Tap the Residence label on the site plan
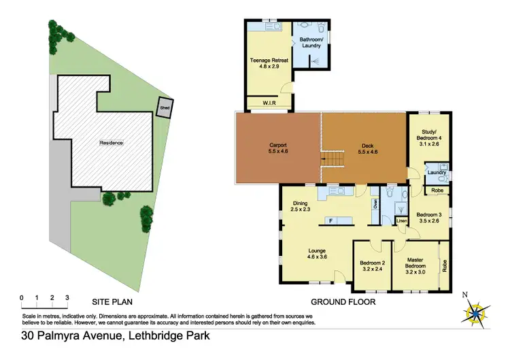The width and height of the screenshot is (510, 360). (x=111, y=143)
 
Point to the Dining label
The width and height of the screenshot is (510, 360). (x=301, y=206)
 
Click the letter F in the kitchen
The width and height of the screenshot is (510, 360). (x=330, y=220)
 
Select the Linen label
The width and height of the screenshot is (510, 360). (x=401, y=221)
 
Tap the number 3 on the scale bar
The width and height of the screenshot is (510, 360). (x=67, y=297)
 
